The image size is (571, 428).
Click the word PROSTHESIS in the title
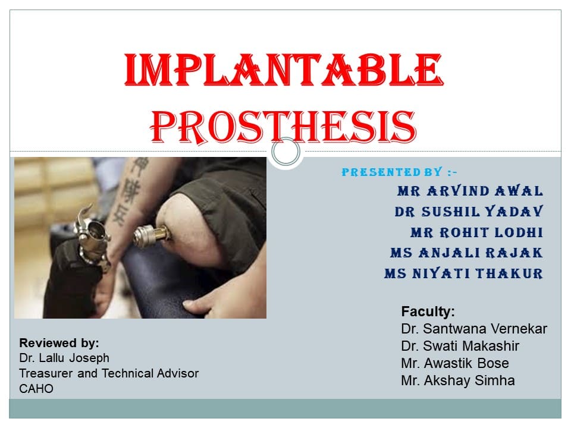(x=284, y=125)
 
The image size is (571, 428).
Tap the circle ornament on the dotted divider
(x=286, y=152)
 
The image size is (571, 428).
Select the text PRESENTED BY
(x=393, y=172)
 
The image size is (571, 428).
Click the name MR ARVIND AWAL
(x=470, y=191)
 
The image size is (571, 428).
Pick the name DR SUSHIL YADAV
(x=469, y=212)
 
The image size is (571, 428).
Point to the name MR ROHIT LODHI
(x=476, y=232)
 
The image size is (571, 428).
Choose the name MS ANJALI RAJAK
(x=466, y=253)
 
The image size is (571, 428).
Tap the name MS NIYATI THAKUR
(x=463, y=274)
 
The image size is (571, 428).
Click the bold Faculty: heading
(x=428, y=311)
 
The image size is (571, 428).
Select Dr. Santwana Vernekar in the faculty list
(x=474, y=329)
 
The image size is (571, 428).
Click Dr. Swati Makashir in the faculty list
(x=460, y=346)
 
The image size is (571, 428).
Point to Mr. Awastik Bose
(x=455, y=363)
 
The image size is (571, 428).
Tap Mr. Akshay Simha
(x=458, y=380)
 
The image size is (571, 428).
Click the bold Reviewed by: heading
(x=59, y=343)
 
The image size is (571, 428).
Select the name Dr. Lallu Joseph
(x=64, y=358)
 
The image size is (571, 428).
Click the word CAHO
(x=36, y=389)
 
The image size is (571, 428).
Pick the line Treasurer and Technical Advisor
(x=109, y=373)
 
